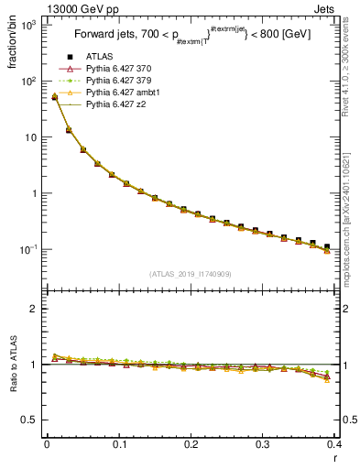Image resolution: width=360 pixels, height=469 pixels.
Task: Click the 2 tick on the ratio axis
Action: coord(35,309)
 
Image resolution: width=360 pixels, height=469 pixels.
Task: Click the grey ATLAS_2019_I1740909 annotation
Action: coord(189,274)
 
